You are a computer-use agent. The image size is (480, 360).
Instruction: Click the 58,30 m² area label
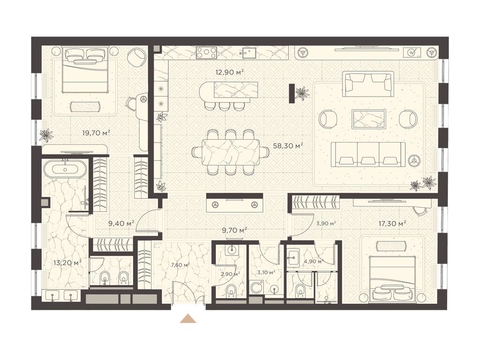pos(288,146)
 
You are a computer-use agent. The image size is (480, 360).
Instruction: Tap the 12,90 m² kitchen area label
pos(229,72)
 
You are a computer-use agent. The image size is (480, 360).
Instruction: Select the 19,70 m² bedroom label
pos(96,133)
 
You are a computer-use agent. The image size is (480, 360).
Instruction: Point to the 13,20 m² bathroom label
pos(67,262)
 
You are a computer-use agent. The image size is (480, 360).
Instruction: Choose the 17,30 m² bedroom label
pos(392,224)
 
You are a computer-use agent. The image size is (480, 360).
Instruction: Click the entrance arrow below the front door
pos(187,319)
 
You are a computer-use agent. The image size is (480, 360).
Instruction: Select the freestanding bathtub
pos(65,169)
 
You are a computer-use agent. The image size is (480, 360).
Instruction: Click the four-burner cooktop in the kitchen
pos(206,52)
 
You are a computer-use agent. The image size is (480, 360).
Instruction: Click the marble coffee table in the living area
pos(368,119)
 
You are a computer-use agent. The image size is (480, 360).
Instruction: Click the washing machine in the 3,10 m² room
pos(255,287)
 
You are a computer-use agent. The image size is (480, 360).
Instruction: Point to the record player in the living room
pos(412,52)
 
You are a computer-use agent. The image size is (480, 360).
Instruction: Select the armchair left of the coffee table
pos(329,119)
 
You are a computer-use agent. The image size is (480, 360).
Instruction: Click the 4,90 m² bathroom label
pos(314,262)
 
